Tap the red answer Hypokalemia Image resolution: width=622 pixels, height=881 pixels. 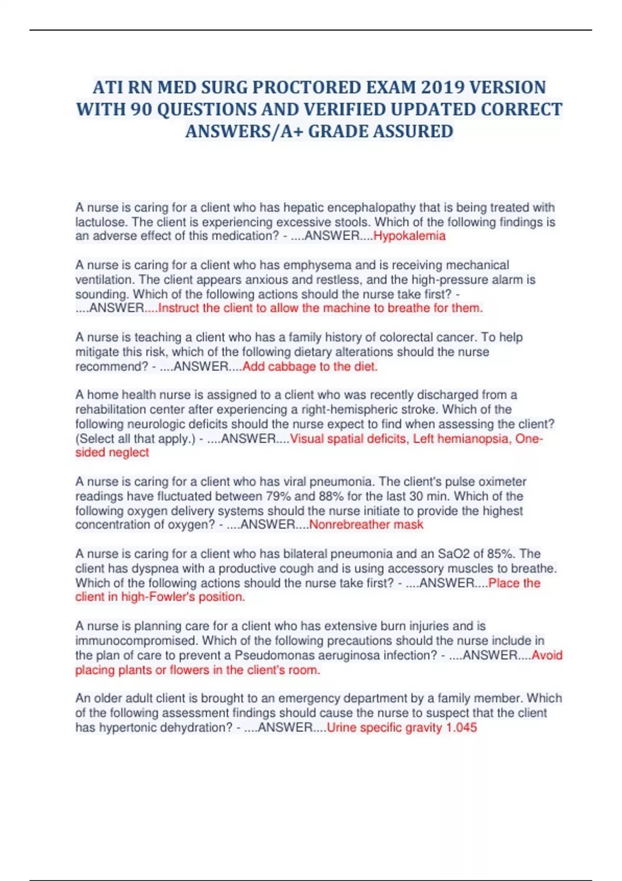coord(409,236)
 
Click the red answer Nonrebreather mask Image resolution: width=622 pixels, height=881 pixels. coord(366,525)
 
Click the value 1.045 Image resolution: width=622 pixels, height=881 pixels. coord(461,728)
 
